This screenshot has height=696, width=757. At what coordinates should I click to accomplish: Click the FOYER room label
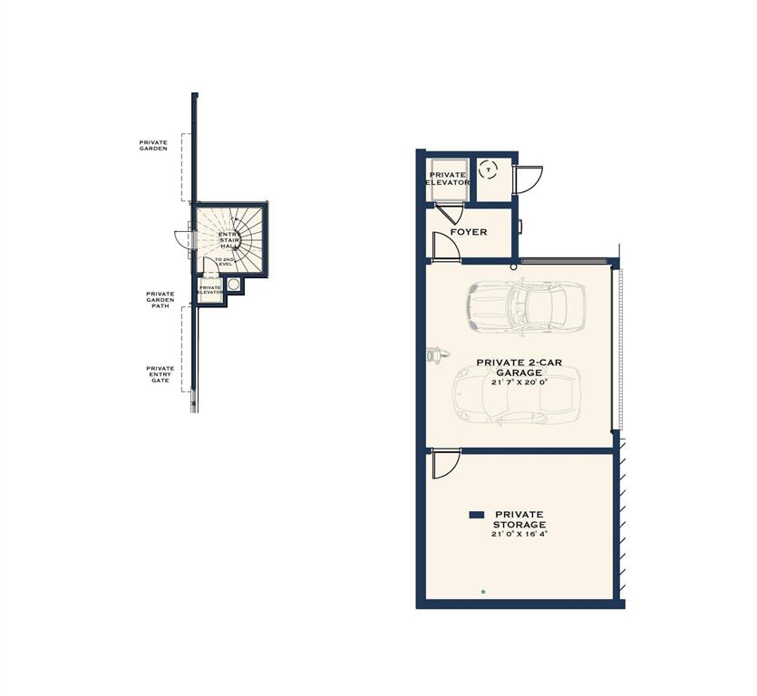pos(468,232)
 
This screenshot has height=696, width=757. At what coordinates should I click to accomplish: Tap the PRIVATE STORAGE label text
pos(519,519)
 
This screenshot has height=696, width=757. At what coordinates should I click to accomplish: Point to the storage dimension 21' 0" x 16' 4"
pos(519,534)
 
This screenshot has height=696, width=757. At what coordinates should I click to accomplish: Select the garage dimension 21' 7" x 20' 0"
pos(519,382)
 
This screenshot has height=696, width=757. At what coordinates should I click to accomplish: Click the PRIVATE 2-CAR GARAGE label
pos(519,367)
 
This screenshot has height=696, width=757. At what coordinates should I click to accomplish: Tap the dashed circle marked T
pos(488,169)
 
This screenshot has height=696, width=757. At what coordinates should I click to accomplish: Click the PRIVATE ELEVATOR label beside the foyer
pos(448,179)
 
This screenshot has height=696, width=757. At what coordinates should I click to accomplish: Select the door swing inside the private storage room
pos(444,464)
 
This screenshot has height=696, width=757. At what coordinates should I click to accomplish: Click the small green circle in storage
pos(483,592)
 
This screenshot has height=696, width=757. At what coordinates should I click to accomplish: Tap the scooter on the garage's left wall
pos(434,354)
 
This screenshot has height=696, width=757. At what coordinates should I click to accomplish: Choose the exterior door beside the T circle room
pos(529,178)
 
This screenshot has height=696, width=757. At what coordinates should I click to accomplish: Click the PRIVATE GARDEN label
pos(153,145)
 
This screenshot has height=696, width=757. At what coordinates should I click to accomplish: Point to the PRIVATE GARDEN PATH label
pos(160,300)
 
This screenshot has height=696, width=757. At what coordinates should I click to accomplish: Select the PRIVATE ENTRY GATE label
pos(160,374)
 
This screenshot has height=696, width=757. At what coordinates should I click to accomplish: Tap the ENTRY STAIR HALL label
pos(229,240)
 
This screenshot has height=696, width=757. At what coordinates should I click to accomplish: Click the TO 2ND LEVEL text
pos(224,261)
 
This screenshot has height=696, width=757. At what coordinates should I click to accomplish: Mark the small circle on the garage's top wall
pos(514,266)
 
